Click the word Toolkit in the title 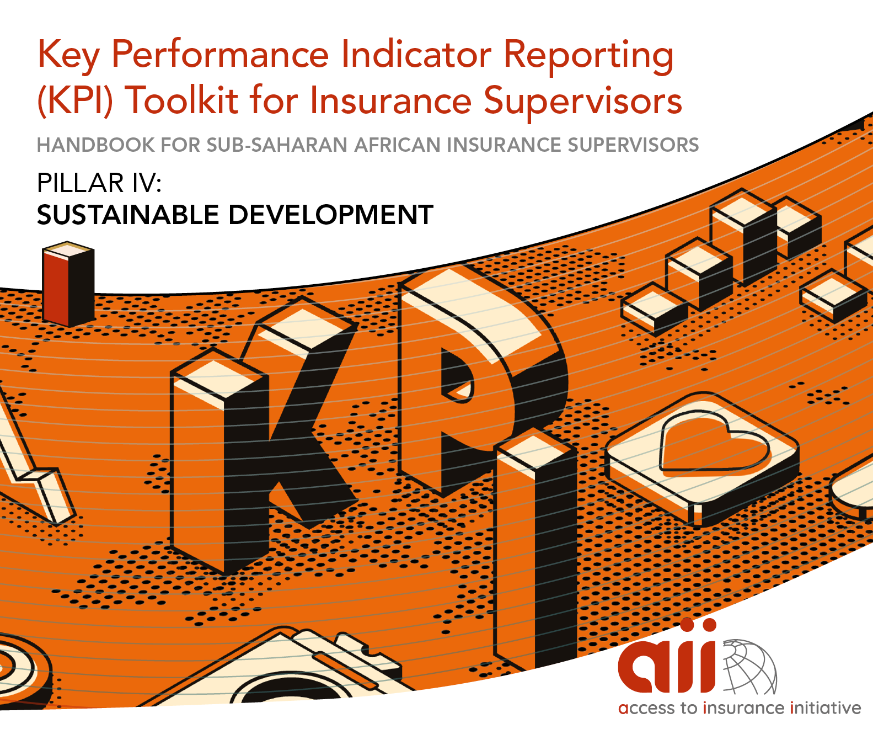[181, 100]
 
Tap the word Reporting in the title [588, 57]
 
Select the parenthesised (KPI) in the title [75, 100]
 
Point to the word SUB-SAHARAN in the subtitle [277, 145]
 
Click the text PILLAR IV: [99, 183]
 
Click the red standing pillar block [68, 284]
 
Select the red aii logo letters [667, 658]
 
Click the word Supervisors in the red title [583, 100]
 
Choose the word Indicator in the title [416, 55]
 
